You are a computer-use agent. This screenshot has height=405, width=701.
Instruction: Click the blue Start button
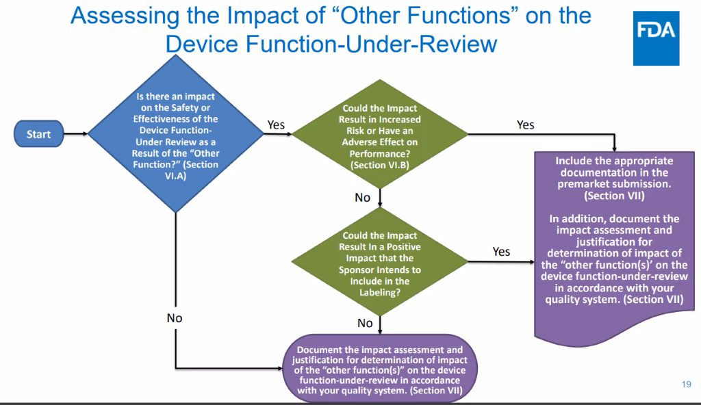pos(38,134)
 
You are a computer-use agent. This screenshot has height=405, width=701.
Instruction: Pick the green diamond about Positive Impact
pos(379,264)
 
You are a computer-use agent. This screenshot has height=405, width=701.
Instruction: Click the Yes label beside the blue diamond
pos(276,125)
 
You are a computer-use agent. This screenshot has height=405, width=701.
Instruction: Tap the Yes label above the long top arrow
pos(525,125)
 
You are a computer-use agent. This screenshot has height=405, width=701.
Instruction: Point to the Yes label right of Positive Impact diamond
pos(501,252)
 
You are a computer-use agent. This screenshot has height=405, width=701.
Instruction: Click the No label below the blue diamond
pos(174,318)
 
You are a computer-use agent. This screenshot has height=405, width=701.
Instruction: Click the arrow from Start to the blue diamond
pos(75,134)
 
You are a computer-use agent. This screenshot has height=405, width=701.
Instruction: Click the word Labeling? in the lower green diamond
pos(379,291)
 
